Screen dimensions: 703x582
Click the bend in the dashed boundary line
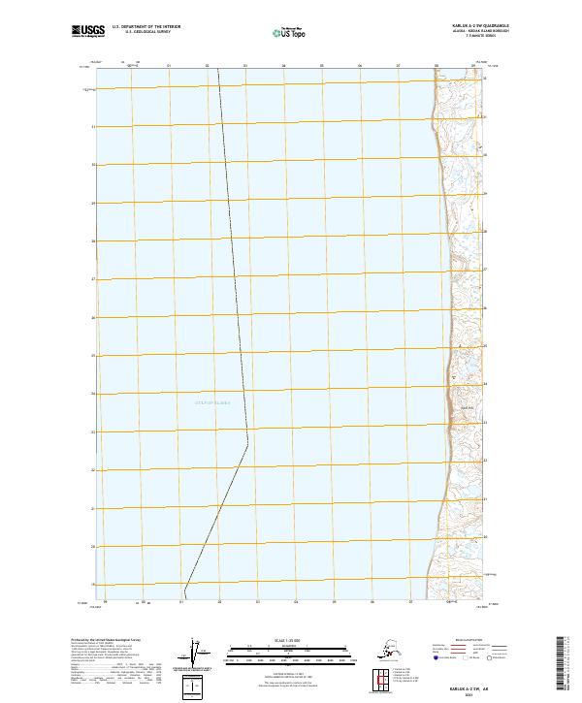click(x=247, y=443)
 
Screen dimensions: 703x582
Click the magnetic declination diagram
click(x=198, y=655)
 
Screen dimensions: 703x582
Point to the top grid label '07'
click(x=398, y=66)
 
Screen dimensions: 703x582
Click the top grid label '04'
click(x=283, y=66)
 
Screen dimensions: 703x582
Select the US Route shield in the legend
click(x=466, y=656)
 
